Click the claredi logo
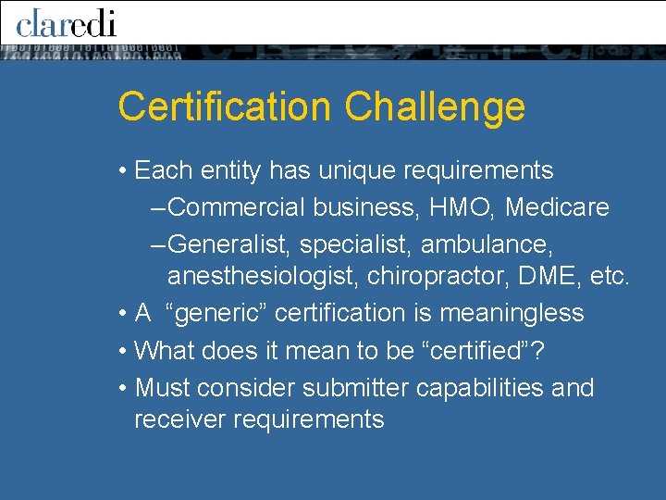[66, 21]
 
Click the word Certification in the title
[225, 106]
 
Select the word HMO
[462, 206]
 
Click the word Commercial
[238, 206]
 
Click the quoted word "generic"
[216, 313]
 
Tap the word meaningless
[512, 313]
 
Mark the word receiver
[179, 419]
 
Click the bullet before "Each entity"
[123, 171]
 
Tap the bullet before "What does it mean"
[123, 352]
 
